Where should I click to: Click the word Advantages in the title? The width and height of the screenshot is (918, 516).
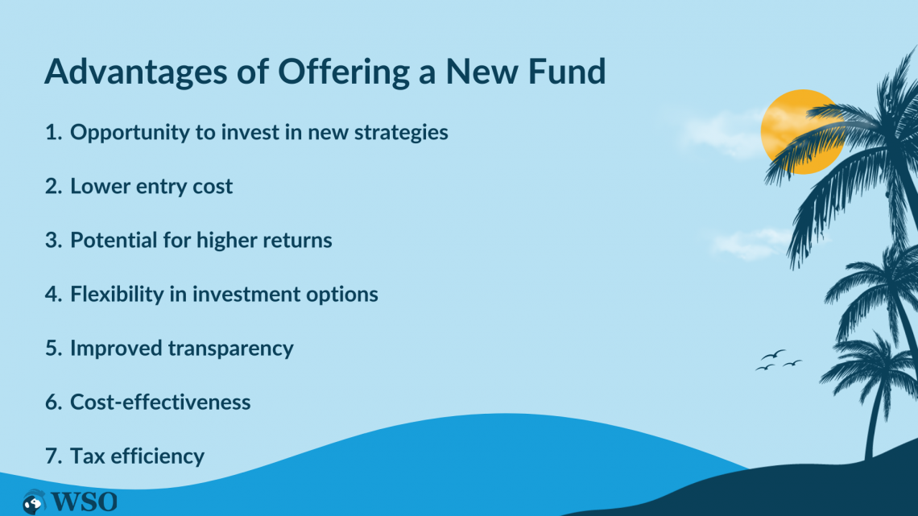[x=136, y=72]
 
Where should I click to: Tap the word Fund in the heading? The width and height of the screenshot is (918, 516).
[x=567, y=71]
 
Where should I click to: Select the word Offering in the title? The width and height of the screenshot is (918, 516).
[x=343, y=72]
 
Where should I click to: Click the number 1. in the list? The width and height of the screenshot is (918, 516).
[x=53, y=132]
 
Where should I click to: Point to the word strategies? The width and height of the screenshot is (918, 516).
[x=401, y=133]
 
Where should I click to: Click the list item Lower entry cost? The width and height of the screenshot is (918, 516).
[x=151, y=187]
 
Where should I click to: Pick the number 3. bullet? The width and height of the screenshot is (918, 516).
[x=53, y=241]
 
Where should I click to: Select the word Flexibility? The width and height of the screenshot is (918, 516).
[x=117, y=295]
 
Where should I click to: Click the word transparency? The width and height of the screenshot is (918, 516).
[x=230, y=349]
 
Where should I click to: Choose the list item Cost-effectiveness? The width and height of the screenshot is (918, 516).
[x=160, y=402]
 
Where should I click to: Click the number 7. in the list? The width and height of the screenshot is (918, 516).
[x=53, y=456]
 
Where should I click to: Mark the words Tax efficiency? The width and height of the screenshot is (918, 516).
[x=137, y=456]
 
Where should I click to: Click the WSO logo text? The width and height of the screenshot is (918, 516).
[x=84, y=502]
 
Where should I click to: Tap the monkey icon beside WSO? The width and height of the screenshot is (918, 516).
[x=34, y=502]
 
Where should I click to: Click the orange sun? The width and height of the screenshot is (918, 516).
[x=802, y=132]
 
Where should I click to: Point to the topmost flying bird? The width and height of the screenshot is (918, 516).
[x=773, y=354]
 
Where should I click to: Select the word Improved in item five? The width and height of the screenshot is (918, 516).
[x=117, y=349]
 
